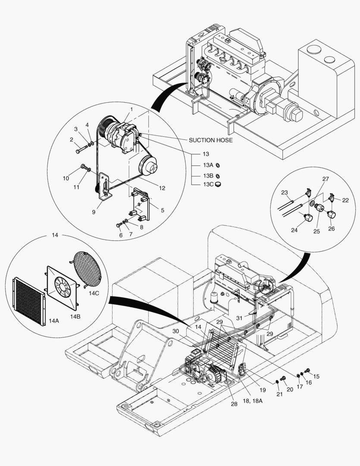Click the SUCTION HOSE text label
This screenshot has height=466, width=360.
210,140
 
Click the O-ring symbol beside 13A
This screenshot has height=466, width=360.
218,165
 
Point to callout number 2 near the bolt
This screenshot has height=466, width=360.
72,140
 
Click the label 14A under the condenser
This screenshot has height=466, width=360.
54,321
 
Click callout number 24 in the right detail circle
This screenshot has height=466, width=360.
294,230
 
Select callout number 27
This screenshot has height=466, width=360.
326,179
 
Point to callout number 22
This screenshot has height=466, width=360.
345,200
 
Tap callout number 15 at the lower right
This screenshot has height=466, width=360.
316,376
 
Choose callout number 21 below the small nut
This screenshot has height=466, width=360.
279,394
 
